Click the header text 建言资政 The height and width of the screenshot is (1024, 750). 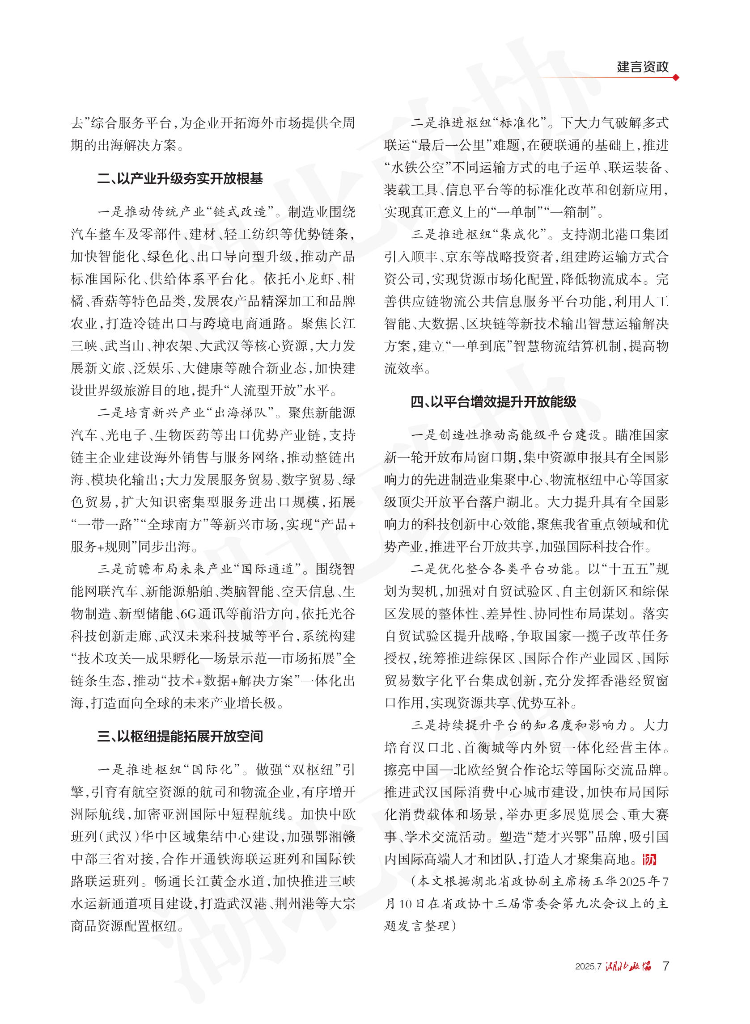[642, 67]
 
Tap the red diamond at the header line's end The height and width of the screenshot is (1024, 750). [676, 78]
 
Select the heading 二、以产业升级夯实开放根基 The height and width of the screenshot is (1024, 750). [180, 179]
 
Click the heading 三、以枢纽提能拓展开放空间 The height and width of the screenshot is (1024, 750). [180, 736]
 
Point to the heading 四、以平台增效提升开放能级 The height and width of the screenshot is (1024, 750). [493, 401]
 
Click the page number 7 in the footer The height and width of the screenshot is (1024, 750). [665, 966]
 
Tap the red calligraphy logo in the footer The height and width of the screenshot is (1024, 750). [628, 966]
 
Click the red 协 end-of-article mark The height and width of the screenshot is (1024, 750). [650, 859]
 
